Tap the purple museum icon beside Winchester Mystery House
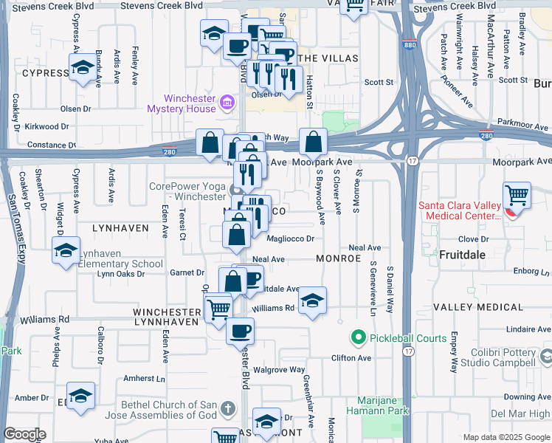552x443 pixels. coord(227,101)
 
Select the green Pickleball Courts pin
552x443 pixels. coord(358,338)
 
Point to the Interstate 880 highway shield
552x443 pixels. coord(410,45)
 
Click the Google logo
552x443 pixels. coord(24,434)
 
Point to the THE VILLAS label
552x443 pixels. coord(328,58)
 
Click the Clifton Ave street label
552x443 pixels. coord(351,358)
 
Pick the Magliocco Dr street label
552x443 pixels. coord(291,238)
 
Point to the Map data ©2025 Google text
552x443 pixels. coord(506,437)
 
